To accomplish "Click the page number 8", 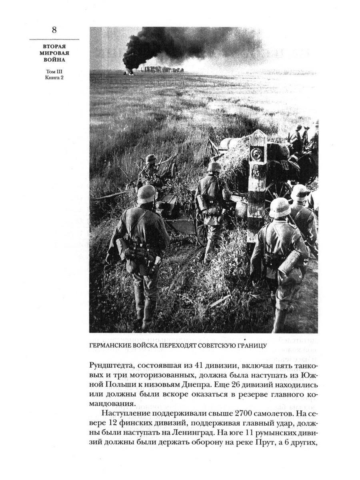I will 54,30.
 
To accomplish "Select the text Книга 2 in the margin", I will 54,78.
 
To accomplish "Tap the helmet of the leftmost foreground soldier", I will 147,194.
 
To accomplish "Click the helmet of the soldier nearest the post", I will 280,207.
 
